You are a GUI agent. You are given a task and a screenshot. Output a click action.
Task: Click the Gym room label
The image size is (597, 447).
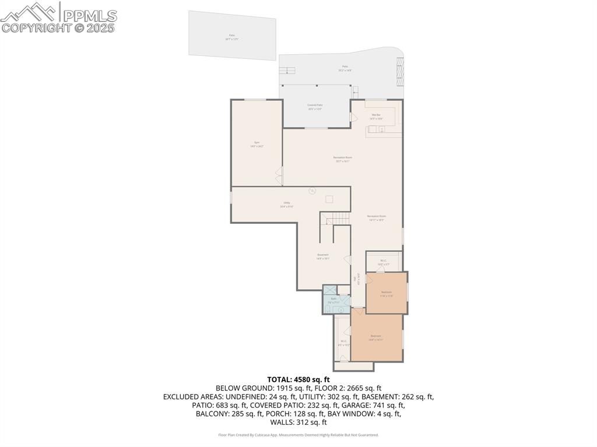[257, 144]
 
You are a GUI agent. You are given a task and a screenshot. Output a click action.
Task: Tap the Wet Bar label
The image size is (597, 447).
[376, 116]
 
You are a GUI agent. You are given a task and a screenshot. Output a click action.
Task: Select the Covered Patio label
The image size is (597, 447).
[315, 107]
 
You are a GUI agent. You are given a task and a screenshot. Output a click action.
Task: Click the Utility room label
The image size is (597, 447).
[287, 204]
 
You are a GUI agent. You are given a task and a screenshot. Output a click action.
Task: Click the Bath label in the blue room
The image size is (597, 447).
[333, 300]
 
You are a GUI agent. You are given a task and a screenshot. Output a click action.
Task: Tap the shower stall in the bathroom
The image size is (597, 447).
[330, 290]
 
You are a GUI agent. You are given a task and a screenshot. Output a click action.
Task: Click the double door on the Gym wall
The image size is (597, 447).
[280, 173]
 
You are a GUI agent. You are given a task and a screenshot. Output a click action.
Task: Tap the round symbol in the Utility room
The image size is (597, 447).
[312, 191]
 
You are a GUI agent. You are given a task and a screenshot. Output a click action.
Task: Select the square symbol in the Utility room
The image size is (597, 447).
[329, 199]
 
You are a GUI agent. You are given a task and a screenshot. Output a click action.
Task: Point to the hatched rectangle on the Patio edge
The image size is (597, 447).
[400, 69]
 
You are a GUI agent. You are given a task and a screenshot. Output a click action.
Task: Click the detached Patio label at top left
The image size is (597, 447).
[232, 37]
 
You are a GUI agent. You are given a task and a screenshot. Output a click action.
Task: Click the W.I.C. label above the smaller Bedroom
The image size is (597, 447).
[383, 262]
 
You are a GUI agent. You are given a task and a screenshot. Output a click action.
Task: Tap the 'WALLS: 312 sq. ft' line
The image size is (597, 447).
[298, 423]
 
